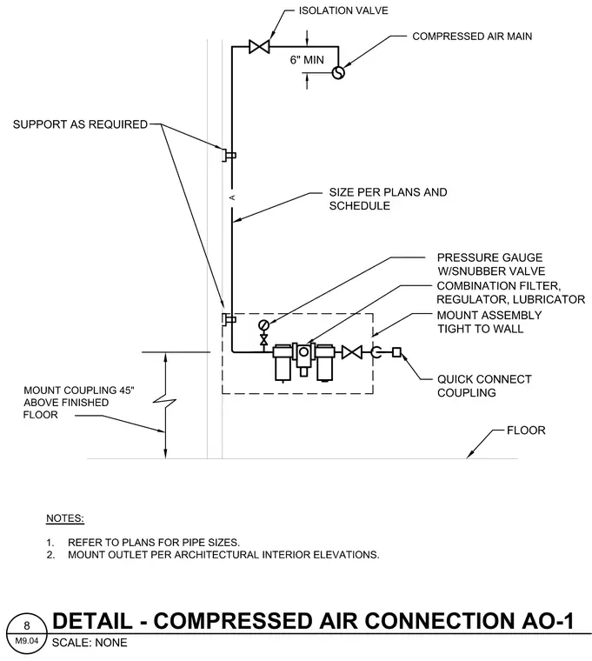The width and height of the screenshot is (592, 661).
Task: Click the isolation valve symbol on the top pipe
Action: (x=259, y=46)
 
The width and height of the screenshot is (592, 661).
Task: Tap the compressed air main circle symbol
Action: (x=338, y=72)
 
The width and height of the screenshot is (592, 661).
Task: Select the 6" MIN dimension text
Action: (x=307, y=60)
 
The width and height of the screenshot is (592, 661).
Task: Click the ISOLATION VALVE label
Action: (x=343, y=10)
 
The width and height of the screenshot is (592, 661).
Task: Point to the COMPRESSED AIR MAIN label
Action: (x=472, y=37)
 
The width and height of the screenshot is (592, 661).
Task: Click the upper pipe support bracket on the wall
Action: (x=229, y=155)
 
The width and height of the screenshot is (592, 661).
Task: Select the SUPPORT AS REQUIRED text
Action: (x=80, y=124)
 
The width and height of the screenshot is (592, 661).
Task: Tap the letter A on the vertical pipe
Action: (x=232, y=197)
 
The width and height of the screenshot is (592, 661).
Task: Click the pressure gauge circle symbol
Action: (x=263, y=324)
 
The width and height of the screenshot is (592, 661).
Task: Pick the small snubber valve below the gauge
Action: (x=263, y=339)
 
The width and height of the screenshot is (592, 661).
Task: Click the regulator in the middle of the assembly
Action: (x=303, y=357)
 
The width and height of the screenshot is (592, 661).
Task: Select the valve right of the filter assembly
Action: (x=351, y=352)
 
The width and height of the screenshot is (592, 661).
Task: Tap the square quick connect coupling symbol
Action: (x=396, y=352)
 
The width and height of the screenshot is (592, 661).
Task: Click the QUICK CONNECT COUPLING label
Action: (x=484, y=385)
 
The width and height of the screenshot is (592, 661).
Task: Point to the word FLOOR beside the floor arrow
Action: (x=526, y=430)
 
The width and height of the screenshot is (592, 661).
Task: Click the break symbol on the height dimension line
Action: (x=165, y=404)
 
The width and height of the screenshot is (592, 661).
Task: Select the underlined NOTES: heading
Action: (x=65, y=518)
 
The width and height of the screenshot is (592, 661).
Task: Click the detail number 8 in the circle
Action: (x=27, y=625)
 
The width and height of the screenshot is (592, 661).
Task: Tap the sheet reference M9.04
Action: (x=27, y=641)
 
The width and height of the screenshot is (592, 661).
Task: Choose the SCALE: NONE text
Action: (x=90, y=643)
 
